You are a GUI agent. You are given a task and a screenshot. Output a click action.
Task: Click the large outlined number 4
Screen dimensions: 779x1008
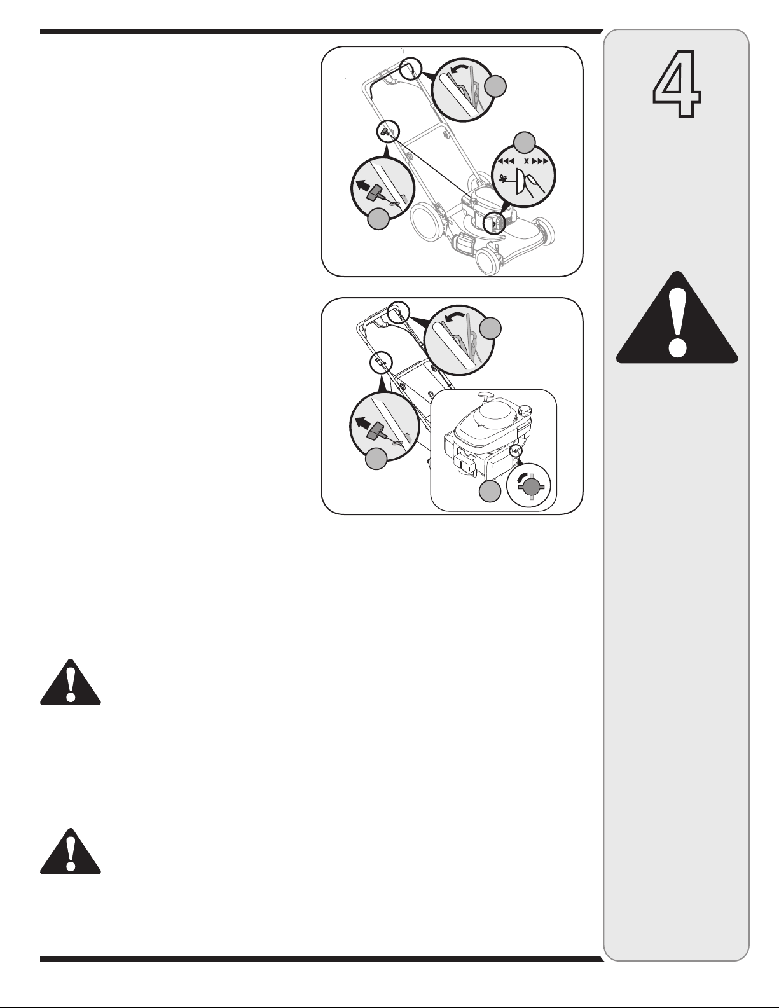[x=677, y=83]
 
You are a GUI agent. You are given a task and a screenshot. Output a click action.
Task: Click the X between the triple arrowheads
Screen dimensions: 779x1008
[x=527, y=162]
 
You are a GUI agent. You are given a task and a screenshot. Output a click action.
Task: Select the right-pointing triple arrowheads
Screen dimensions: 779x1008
[x=541, y=162]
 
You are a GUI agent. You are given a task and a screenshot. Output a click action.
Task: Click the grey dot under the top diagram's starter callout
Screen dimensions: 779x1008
[x=378, y=219]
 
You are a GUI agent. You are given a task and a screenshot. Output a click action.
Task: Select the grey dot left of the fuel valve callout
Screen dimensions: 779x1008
[x=490, y=492]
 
